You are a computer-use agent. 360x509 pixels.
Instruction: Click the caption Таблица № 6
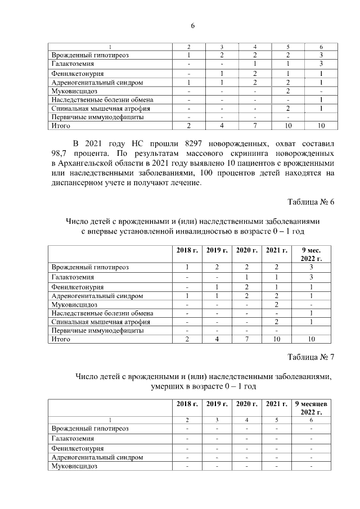coord(310,202)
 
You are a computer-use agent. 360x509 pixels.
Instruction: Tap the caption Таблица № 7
coord(310,357)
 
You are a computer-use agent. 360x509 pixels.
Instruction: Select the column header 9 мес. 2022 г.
coord(311,254)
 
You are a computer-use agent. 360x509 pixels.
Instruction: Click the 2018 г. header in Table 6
coord(187,250)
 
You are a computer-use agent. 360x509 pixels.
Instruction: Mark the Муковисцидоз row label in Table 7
coord(74,467)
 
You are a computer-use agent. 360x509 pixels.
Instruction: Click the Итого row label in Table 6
coord(60,340)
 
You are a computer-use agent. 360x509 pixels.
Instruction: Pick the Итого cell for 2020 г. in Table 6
coord(246,340)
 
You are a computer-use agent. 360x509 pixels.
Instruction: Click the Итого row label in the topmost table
coord(60,125)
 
